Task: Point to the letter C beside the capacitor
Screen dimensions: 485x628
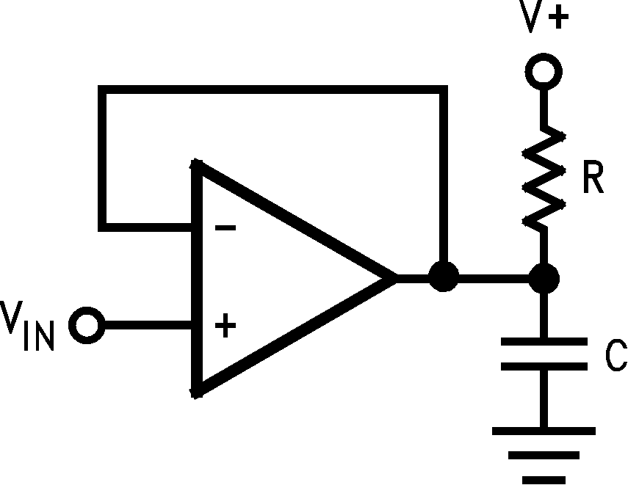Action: point(616,356)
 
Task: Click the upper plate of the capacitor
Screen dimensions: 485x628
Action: point(544,342)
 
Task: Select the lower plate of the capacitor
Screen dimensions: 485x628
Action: point(544,365)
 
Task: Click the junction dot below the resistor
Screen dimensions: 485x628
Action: point(544,278)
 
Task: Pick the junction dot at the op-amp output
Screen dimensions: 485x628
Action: point(443,278)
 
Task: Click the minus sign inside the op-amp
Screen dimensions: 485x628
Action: point(225,228)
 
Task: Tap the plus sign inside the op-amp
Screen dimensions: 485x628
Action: point(225,325)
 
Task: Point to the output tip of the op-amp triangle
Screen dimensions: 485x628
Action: point(395,278)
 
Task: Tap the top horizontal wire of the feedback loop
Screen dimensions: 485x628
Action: point(272,90)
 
